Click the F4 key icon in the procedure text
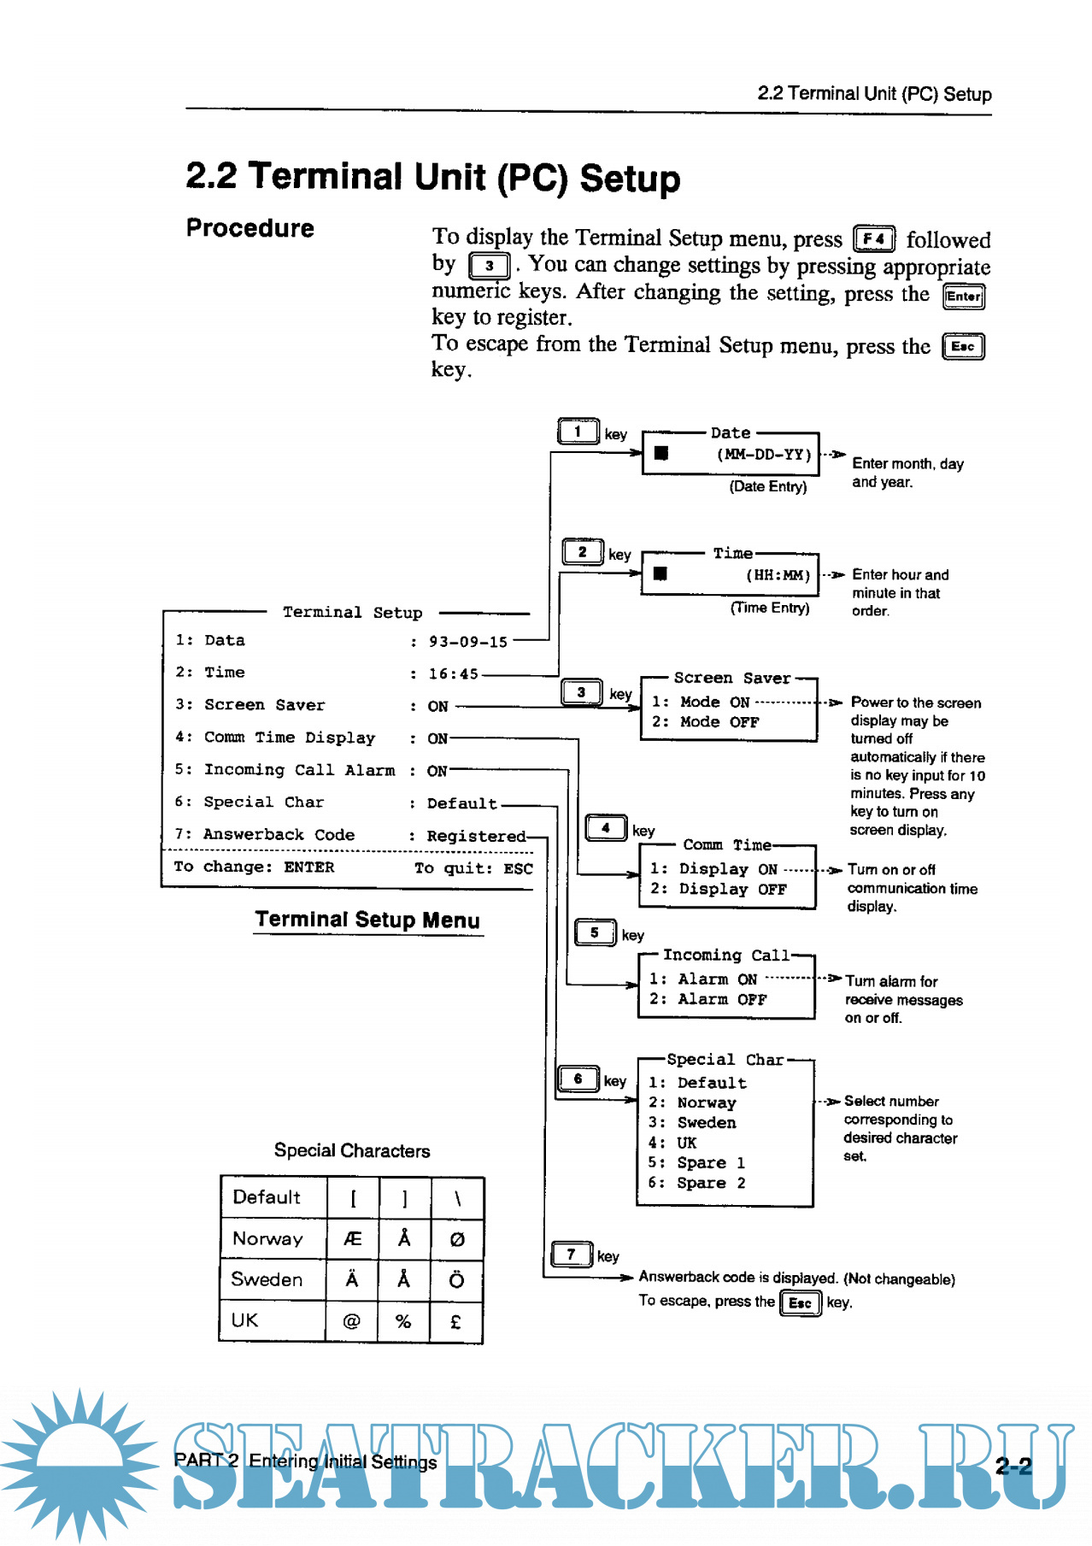click(873, 238)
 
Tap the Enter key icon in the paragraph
click(963, 297)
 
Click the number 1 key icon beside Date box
click(578, 432)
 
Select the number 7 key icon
click(572, 1255)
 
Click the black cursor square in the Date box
click(660, 453)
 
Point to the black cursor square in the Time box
click(660, 573)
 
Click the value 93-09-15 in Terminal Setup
click(467, 642)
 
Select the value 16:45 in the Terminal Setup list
click(453, 674)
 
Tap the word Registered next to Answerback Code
click(476, 837)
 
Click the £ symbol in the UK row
click(456, 1322)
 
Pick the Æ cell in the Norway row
click(352, 1239)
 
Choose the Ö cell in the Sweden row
click(456, 1279)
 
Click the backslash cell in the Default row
click(457, 1198)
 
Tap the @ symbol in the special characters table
click(351, 1322)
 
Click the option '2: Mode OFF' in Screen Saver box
click(705, 722)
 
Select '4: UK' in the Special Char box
click(672, 1143)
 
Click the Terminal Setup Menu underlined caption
click(367, 920)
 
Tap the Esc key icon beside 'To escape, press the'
click(800, 1303)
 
